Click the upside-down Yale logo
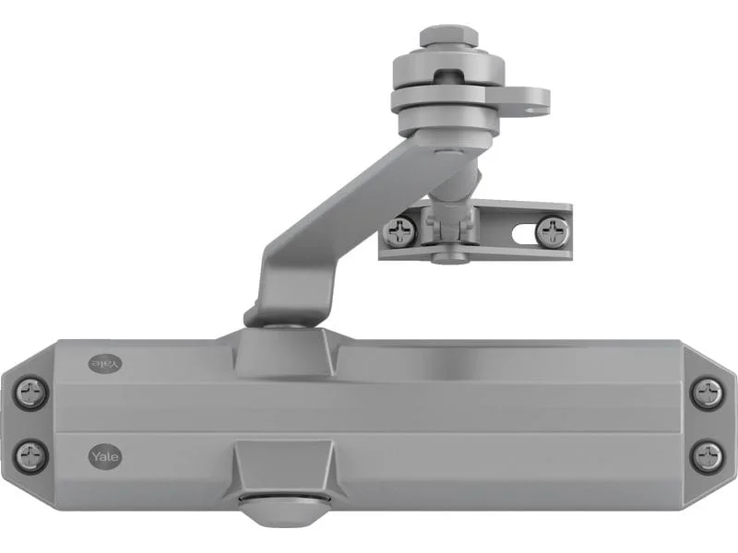[x=105, y=364]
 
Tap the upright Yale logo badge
[x=105, y=456]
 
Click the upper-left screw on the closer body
[x=32, y=392]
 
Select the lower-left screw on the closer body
[x=32, y=455]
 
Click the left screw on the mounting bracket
[x=399, y=231]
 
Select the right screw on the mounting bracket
[x=552, y=231]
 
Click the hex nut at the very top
[x=448, y=37]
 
